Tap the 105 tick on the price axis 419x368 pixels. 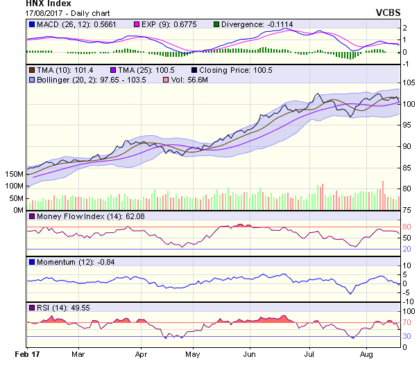click(x=409, y=82)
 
